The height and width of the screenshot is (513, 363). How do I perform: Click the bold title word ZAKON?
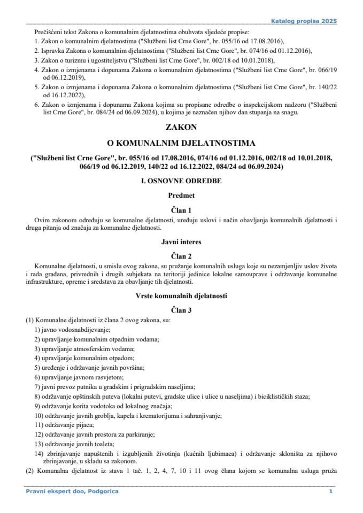tap(181, 128)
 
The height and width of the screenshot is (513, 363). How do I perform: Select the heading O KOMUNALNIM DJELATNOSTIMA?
tap(181, 143)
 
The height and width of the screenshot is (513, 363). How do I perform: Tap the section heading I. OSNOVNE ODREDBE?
tap(181, 181)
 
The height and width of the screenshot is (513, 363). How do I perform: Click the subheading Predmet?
tap(181, 196)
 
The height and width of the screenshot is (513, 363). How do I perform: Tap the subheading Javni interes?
tap(181, 242)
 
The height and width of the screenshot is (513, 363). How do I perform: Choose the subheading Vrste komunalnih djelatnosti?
tap(181, 294)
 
